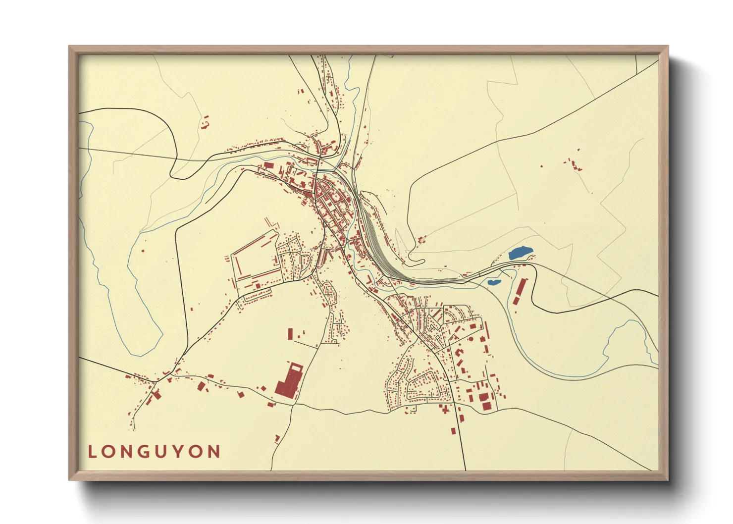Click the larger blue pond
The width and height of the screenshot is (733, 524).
[x=521, y=254]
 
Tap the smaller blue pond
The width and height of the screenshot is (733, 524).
[x=494, y=282]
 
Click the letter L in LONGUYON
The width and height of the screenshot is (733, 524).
[x=92, y=452]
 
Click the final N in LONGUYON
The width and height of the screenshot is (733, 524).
[x=214, y=452]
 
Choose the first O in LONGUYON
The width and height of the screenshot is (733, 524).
[x=109, y=452]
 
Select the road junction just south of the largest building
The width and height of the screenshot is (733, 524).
[x=295, y=404]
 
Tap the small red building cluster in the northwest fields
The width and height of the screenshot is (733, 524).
[x=205, y=122]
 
